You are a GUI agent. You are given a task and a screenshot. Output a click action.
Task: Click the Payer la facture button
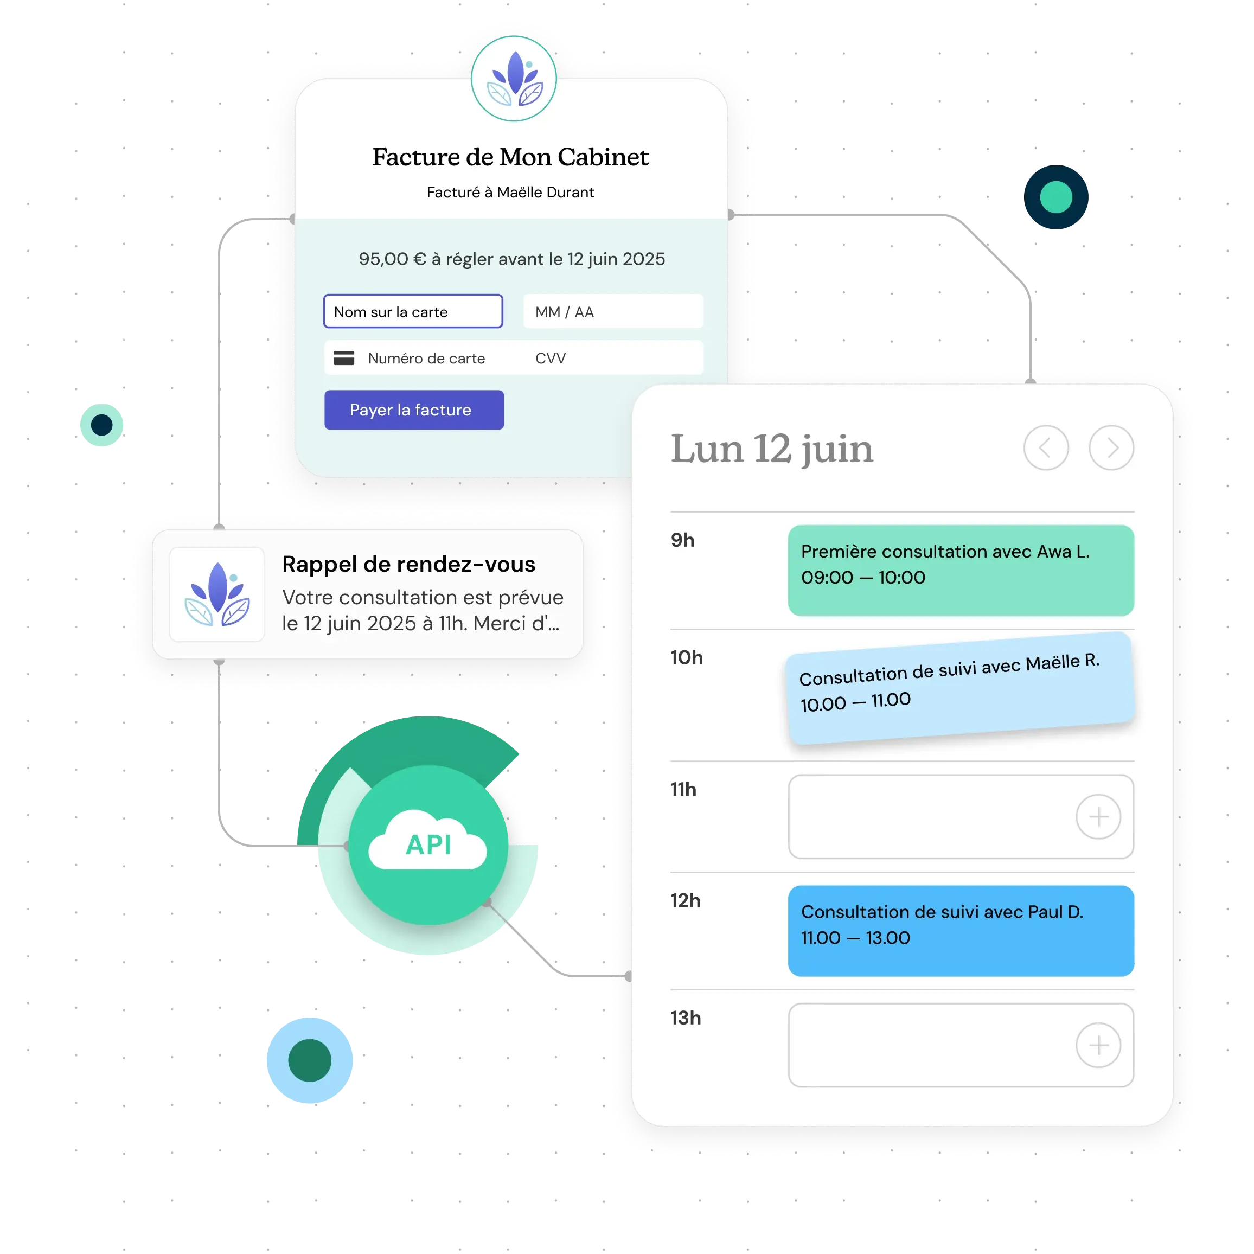coord(413,410)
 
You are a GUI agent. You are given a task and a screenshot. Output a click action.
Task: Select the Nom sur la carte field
coord(413,311)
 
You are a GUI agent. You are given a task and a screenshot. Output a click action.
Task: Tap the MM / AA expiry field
coord(613,311)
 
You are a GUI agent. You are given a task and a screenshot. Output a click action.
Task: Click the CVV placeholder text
coord(551,359)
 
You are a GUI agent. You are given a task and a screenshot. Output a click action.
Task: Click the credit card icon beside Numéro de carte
coord(344,359)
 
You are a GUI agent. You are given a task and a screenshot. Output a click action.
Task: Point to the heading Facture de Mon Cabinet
coord(510,157)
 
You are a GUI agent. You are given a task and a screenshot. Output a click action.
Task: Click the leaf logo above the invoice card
coord(514,79)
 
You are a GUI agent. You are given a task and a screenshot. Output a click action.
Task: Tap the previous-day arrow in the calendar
coord(1046,448)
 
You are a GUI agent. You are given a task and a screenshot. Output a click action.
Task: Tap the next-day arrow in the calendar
coord(1111,448)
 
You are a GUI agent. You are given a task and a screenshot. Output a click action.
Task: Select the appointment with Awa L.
coord(961,571)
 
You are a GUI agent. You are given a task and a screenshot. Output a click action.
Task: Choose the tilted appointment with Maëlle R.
coord(960,688)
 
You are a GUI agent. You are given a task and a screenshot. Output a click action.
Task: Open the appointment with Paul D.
coord(961,931)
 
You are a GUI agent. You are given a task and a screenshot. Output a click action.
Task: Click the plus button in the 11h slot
coord(1098,816)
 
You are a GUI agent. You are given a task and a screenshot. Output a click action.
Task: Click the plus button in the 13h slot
coord(1098,1045)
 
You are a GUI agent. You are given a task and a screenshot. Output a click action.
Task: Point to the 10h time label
coord(687,657)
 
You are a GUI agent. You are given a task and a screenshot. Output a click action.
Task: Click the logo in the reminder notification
coord(217,594)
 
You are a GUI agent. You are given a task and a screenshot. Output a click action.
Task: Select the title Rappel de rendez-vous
coord(409,564)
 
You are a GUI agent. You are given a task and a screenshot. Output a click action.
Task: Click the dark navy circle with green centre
coord(1056,197)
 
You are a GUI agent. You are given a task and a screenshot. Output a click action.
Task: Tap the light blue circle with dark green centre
coord(310,1060)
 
